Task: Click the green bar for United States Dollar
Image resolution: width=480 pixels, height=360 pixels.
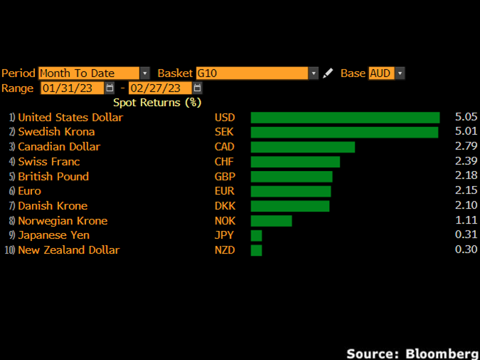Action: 345,118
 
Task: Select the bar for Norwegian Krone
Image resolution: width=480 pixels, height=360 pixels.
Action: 271,221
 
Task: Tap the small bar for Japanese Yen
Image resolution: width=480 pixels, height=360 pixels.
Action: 256,235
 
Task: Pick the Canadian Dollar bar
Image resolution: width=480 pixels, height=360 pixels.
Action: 303,147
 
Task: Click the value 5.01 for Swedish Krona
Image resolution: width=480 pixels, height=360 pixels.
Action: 466,132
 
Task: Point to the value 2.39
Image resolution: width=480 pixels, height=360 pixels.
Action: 466,162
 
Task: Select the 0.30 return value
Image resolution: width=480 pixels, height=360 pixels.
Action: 466,250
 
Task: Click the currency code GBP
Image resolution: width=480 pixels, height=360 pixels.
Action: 224,177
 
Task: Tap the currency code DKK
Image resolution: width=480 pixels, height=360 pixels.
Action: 224,206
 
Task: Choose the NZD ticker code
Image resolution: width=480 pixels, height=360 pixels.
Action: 224,250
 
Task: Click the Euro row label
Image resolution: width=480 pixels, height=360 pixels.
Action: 29,191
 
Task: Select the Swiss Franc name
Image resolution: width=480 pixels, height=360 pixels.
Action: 49,162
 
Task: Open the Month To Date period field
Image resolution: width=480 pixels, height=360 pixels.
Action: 88,73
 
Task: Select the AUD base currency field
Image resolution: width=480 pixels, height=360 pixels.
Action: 380,73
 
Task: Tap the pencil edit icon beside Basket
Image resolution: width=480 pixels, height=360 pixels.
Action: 328,73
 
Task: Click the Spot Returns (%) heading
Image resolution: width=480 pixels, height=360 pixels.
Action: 157,103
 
